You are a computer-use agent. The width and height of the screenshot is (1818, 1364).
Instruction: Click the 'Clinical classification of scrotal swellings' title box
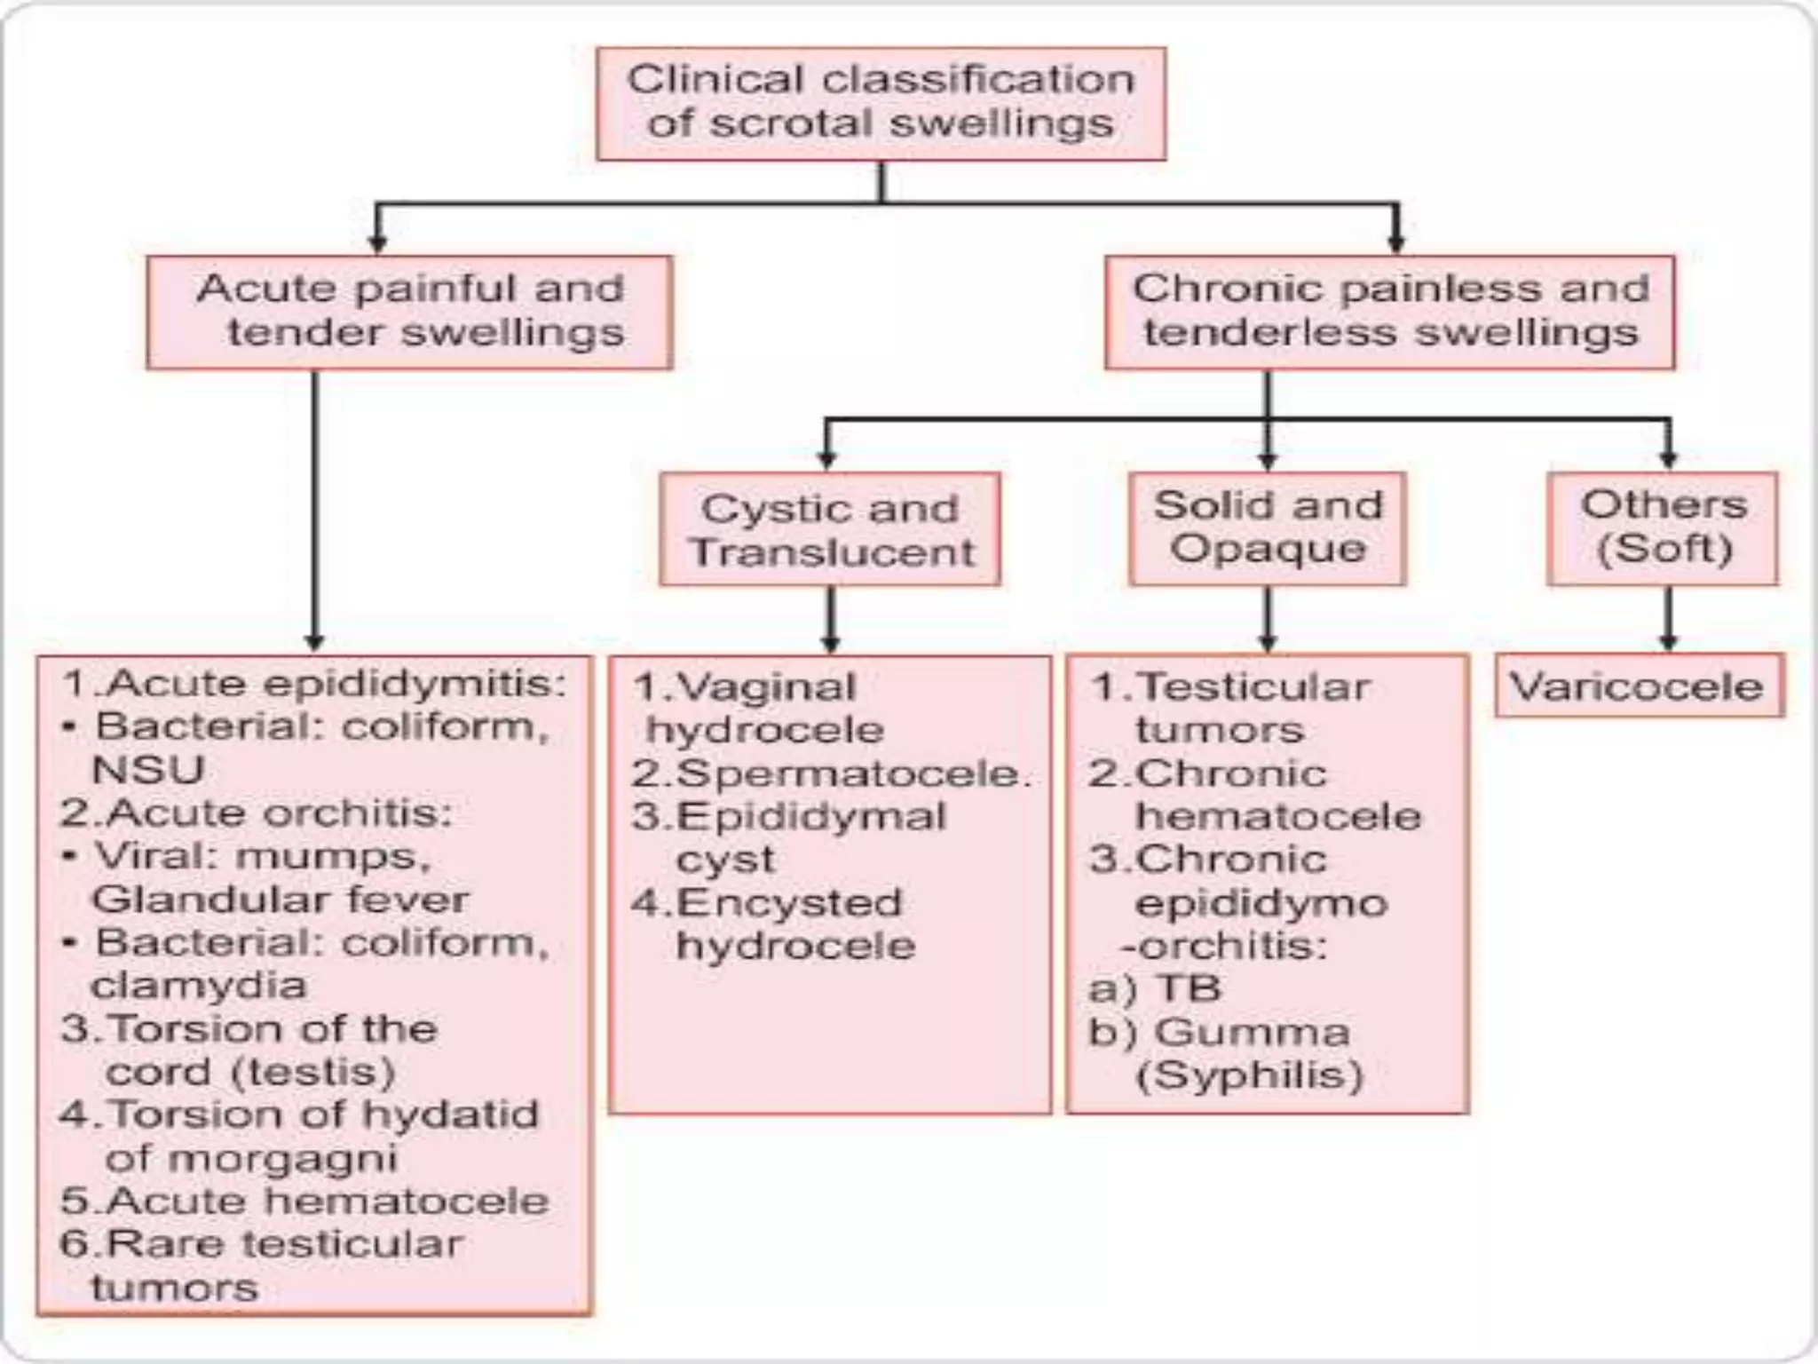[x=881, y=103]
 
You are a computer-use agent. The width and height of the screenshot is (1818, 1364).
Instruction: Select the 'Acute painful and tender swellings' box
[x=409, y=312]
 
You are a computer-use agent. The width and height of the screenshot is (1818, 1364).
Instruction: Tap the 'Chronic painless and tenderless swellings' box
[x=1389, y=312]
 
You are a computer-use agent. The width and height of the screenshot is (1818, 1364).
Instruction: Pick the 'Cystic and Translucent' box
[x=830, y=529]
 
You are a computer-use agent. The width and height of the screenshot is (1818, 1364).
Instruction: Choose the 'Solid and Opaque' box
[x=1267, y=527]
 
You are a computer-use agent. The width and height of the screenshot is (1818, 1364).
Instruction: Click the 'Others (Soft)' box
[x=1663, y=527]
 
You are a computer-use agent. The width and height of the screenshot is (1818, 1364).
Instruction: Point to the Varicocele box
[x=1638, y=686]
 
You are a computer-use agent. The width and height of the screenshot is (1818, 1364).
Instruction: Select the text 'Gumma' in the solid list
[x=1252, y=1032]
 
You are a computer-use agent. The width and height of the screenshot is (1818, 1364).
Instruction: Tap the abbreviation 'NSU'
[x=148, y=769]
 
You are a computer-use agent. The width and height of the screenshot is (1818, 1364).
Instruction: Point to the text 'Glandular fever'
[x=280, y=900]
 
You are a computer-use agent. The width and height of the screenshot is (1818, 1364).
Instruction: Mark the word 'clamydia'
[x=199, y=985]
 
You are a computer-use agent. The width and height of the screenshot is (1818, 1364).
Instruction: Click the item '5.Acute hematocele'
[x=304, y=1201]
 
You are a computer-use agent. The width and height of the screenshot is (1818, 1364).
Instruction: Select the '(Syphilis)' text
[x=1249, y=1075]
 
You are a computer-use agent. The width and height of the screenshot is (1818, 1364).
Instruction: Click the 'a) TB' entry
[x=1154, y=988]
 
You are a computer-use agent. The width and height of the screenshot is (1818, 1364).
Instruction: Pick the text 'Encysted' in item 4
[x=788, y=903]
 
